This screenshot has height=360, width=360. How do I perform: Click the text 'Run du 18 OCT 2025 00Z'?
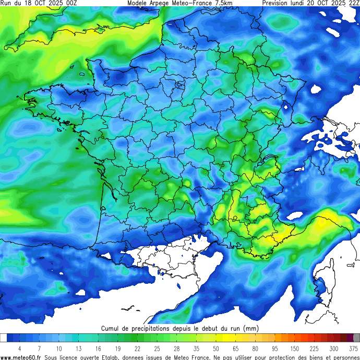click(x=39, y=3)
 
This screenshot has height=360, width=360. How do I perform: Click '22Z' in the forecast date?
click(x=353, y=3)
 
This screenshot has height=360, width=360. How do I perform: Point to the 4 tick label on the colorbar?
click(x=19, y=348)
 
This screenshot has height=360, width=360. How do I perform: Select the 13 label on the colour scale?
click(x=78, y=348)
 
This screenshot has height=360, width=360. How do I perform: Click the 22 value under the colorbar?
click(x=137, y=348)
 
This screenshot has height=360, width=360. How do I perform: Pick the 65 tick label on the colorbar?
click(x=235, y=348)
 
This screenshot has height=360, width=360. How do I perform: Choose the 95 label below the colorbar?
click(x=274, y=348)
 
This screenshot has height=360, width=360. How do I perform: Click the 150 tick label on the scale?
click(x=295, y=348)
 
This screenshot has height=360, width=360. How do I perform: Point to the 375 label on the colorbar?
click(x=354, y=348)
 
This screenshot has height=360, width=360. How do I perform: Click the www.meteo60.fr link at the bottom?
click(x=21, y=357)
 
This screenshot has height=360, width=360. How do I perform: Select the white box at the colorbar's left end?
click(x=3, y=338)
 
